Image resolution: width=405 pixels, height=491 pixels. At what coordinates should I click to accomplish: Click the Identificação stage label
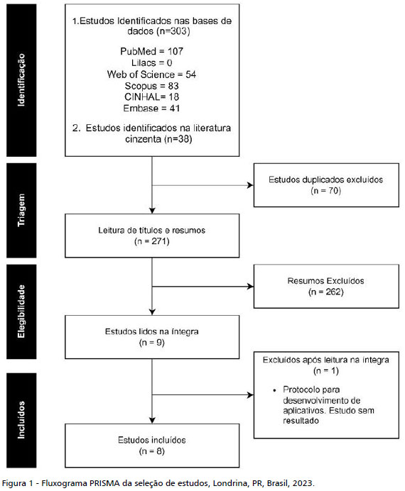coord(21,80)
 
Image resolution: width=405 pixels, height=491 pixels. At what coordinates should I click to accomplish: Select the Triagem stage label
coord(21,210)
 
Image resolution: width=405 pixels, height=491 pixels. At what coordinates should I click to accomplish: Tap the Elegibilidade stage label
coord(21,311)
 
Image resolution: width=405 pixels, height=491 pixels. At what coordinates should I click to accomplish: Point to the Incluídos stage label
coord(21,420)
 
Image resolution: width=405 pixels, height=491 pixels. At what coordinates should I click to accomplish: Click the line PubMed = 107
coord(152,51)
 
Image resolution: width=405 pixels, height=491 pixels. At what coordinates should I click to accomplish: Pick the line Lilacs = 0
coord(152,63)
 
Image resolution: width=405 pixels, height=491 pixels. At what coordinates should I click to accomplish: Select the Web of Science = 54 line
coord(152,75)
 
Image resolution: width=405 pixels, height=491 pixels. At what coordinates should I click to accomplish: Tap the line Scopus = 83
coord(152,86)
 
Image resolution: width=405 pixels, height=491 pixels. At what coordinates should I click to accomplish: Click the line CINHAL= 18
coord(152,97)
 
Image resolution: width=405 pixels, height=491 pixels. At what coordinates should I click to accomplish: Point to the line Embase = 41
coord(152,109)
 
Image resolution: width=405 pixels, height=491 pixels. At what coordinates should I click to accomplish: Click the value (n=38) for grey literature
coord(178,139)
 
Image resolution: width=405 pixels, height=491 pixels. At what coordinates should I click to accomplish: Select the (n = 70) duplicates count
coord(326,191)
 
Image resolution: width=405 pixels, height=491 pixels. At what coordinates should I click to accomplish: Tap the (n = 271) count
coord(152,241)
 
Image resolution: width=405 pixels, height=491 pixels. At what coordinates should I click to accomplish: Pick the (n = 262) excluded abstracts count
coord(326,292)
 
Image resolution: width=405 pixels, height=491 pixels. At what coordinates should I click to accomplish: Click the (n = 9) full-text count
coord(152,343)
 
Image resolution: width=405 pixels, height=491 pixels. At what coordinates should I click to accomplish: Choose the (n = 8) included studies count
coord(152,451)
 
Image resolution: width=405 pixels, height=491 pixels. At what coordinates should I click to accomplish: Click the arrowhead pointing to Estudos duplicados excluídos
coord(250,185)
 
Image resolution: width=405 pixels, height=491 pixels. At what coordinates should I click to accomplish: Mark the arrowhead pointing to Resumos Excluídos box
coord(250,287)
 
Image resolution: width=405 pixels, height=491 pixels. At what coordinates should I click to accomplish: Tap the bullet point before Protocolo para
coord(275,390)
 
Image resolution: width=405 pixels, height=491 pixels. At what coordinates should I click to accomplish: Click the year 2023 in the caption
coord(302,483)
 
